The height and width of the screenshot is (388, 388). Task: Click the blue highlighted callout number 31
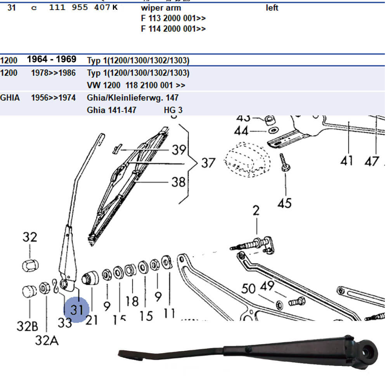click(x=77, y=310)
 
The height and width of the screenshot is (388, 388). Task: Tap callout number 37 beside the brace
click(x=208, y=163)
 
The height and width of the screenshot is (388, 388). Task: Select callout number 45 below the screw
click(x=284, y=203)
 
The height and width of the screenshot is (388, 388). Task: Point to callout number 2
click(x=256, y=211)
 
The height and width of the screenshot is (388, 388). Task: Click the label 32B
click(x=27, y=326)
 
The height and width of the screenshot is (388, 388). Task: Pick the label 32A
click(x=47, y=340)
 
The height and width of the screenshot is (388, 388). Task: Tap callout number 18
click(x=132, y=301)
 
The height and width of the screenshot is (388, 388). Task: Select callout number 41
click(x=347, y=160)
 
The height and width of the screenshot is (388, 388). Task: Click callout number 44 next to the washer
click(x=241, y=131)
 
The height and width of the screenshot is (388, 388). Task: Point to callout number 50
click(x=248, y=289)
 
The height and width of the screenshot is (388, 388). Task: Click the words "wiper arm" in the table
click(x=161, y=8)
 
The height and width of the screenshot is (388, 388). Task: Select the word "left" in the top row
click(x=272, y=8)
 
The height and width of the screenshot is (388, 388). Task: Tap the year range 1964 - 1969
click(x=52, y=60)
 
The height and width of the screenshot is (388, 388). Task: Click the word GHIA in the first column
click(x=10, y=97)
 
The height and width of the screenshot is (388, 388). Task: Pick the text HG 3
click(x=173, y=110)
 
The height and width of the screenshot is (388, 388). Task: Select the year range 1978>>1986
click(x=54, y=73)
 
